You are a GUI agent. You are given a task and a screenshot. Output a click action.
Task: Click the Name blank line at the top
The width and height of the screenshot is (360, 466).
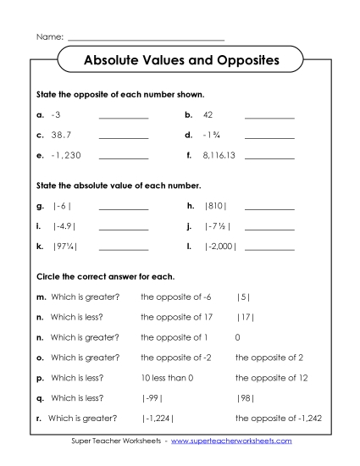click(x=146, y=39)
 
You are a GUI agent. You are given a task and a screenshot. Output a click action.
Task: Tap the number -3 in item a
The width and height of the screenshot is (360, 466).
click(x=56, y=114)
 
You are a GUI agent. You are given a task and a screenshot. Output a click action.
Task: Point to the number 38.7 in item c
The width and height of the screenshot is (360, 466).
click(x=59, y=135)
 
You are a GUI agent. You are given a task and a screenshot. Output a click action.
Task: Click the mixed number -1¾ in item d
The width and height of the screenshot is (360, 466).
click(x=212, y=135)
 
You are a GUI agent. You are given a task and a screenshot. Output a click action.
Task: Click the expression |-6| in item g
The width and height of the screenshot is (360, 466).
click(x=62, y=206)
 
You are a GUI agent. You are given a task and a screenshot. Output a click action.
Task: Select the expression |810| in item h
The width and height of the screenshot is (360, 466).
click(x=217, y=206)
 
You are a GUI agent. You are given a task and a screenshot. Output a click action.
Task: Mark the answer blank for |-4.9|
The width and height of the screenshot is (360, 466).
click(x=124, y=229)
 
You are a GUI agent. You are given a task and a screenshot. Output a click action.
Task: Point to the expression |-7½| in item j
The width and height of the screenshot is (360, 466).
click(x=218, y=226)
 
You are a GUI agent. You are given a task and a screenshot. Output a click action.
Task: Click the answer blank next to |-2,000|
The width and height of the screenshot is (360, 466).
click(x=270, y=249)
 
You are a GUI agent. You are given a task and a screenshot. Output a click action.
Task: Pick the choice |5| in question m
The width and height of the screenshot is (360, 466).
click(x=243, y=297)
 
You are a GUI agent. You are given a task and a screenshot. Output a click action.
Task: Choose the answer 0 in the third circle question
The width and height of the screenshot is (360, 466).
click(x=238, y=337)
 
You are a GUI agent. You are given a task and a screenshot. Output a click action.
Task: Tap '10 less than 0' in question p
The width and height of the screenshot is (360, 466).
click(x=168, y=378)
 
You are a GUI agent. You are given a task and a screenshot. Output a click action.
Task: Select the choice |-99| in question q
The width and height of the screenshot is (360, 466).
click(x=152, y=398)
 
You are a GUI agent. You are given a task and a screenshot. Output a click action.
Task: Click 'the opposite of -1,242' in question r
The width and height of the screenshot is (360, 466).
click(x=278, y=419)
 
